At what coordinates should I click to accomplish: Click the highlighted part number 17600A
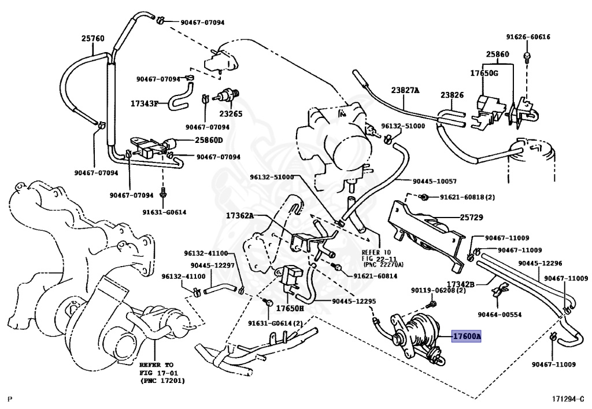467,336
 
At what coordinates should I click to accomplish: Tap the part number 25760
93,39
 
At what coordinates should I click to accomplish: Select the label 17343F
145,103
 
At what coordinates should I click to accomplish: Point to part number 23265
231,113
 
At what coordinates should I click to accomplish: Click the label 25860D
209,140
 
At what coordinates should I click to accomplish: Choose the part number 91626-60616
528,36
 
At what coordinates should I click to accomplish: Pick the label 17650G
484,73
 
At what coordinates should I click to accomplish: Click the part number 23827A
405,90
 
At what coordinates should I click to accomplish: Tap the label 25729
472,218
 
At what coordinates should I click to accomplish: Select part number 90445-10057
435,181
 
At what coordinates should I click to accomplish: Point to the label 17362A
240,216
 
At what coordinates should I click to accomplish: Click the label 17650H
290,308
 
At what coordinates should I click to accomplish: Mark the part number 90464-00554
499,315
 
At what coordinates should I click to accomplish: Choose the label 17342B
461,283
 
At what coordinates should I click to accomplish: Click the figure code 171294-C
567,399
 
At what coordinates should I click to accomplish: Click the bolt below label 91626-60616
527,57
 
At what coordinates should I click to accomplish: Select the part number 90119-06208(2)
438,290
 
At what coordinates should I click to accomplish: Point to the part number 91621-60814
375,276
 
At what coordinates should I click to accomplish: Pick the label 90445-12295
354,301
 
